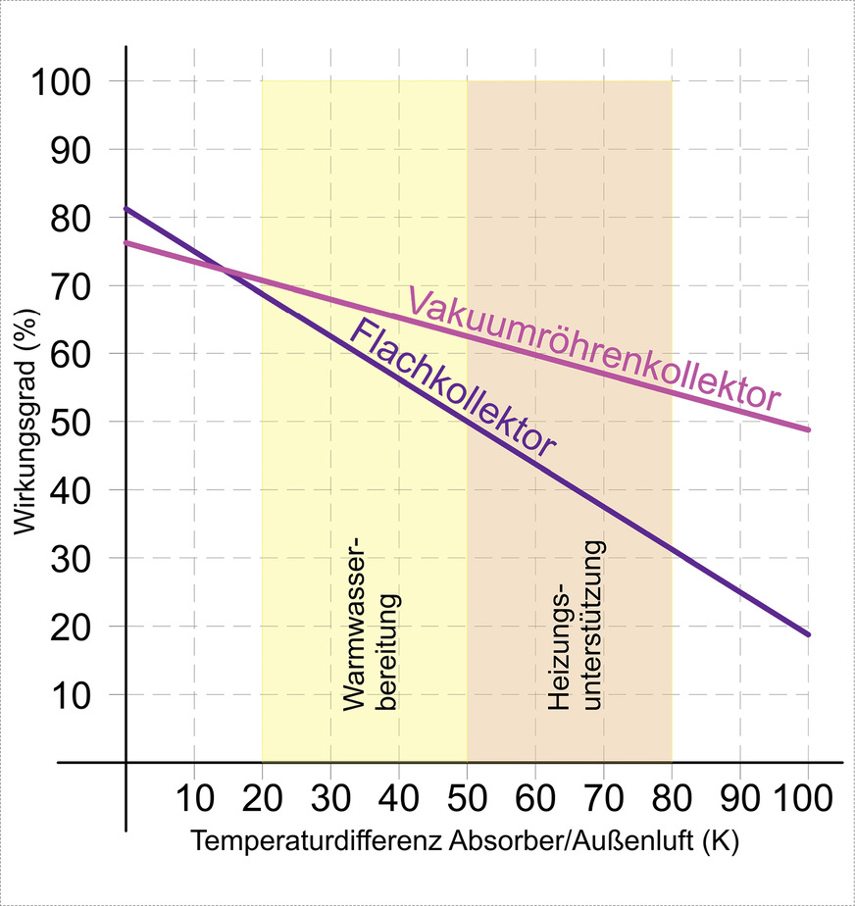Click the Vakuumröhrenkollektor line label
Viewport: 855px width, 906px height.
tap(594, 349)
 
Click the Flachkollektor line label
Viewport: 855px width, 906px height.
tap(452, 387)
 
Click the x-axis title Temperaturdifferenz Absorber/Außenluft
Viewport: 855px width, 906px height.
tap(466, 841)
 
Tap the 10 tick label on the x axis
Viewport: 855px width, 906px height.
tap(194, 793)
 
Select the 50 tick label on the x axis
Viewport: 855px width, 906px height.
tap(467, 793)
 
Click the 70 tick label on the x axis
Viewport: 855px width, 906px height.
tap(603, 793)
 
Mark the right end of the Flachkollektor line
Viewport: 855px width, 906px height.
tap(809, 634)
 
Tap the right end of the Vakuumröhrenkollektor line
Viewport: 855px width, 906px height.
tap(809, 429)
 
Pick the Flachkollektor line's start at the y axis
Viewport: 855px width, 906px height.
tap(126, 209)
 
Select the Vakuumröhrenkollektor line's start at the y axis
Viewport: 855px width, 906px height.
tap(126, 242)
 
